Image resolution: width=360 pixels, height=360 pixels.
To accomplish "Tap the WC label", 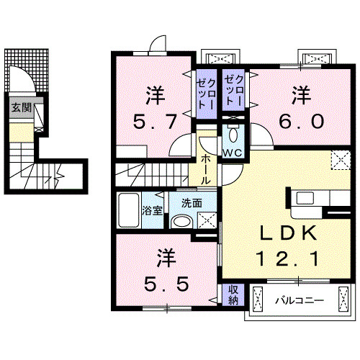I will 232,153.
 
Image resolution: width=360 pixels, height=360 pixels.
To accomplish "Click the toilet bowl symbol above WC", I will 233,135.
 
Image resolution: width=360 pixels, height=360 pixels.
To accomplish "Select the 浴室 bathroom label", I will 152,212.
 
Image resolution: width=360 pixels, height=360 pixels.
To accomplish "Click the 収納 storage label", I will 234,294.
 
